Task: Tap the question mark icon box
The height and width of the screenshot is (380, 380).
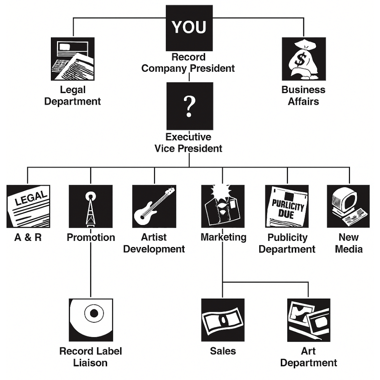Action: pos(190,106)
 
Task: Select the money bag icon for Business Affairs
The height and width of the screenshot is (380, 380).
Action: pos(304,59)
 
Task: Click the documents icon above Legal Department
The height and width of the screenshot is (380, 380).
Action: pos(73,59)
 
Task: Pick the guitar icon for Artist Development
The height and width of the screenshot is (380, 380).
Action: pos(154,206)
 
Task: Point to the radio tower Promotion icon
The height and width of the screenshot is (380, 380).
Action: pos(90,206)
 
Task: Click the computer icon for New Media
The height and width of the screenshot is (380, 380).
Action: pos(348,206)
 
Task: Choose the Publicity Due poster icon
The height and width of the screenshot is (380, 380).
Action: pos(287,206)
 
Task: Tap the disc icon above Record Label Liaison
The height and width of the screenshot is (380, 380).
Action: pos(91,320)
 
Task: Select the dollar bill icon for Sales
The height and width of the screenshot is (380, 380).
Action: pos(223,320)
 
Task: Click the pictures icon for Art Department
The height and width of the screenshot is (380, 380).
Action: pos(309,320)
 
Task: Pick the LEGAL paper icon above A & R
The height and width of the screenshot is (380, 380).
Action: pos(28,206)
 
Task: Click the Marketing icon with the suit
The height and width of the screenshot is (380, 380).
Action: pos(223,206)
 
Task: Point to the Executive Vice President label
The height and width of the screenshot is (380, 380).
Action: pos(188,142)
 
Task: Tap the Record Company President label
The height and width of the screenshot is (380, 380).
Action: pos(188,63)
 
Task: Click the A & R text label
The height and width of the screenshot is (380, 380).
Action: pos(28,237)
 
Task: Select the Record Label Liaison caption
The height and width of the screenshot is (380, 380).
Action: pos(90,357)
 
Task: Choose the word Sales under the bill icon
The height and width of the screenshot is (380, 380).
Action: pos(223,351)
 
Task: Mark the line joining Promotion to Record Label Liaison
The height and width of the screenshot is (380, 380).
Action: pos(90,270)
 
